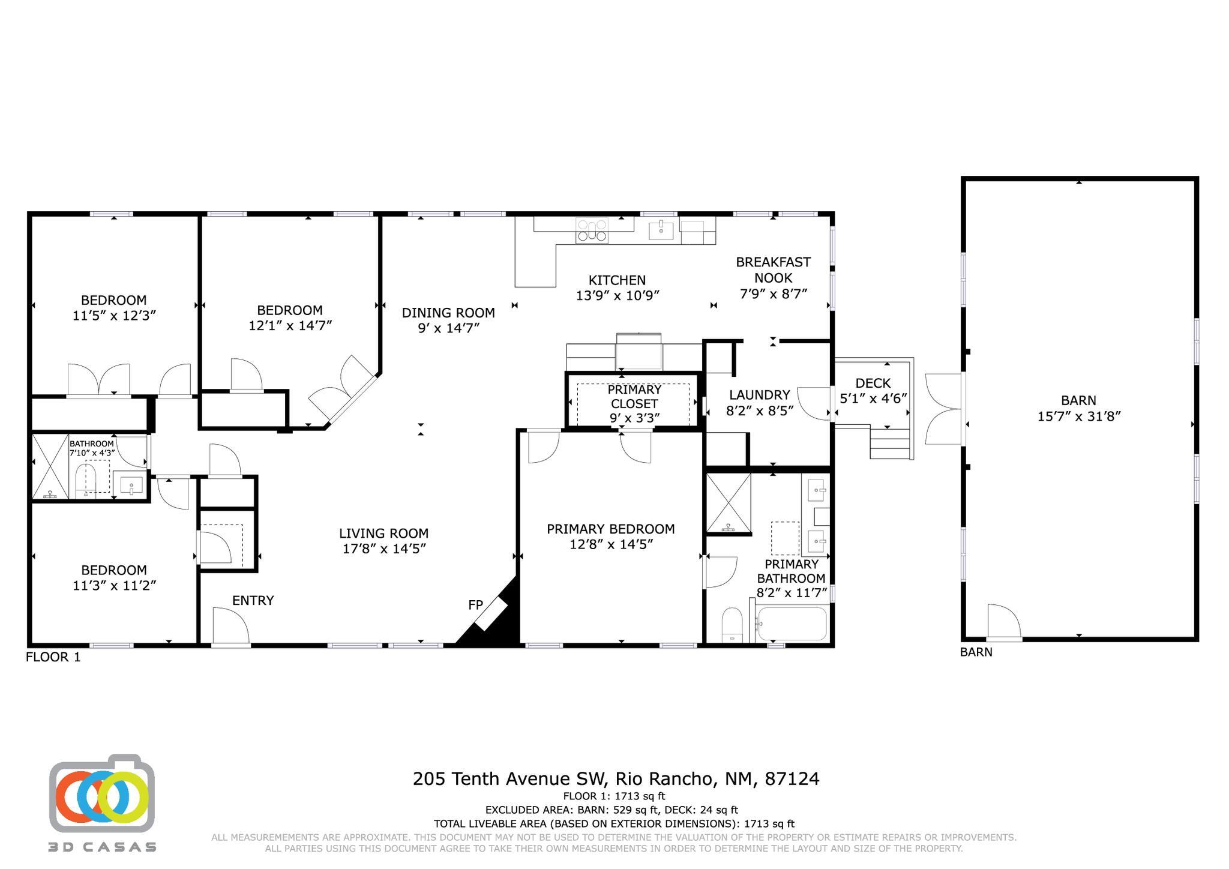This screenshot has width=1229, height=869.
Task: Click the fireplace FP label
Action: pyautogui.click(x=475, y=605)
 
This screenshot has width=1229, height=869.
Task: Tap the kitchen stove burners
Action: pyautogui.click(x=592, y=230)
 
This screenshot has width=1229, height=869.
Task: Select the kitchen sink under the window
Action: pyautogui.click(x=661, y=229)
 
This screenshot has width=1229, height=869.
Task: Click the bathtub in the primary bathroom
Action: pyautogui.click(x=792, y=624)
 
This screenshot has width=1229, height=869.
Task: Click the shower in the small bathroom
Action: pyautogui.click(x=50, y=467)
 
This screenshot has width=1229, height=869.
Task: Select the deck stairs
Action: pyautogui.click(x=891, y=443)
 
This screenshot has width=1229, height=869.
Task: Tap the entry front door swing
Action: pyautogui.click(x=230, y=626)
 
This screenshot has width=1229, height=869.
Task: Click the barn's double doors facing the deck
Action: pyautogui.click(x=944, y=409)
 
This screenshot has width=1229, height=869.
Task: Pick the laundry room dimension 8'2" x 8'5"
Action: pyautogui.click(x=760, y=410)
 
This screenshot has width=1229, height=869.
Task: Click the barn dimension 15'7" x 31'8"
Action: pyautogui.click(x=1079, y=416)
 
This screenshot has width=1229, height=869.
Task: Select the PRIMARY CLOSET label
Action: pyautogui.click(x=634, y=396)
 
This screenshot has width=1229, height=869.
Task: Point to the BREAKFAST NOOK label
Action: pyautogui.click(x=773, y=270)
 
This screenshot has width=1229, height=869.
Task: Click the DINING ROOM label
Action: pyautogui.click(x=448, y=313)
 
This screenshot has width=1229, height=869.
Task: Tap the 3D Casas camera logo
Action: pyautogui.click(x=102, y=795)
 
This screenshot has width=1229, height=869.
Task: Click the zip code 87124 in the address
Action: pyautogui.click(x=792, y=779)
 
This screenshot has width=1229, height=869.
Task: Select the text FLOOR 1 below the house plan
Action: pyautogui.click(x=53, y=657)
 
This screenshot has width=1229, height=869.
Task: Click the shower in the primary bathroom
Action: pyautogui.click(x=729, y=503)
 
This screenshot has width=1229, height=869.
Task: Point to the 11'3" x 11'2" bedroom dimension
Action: pyautogui.click(x=115, y=585)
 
